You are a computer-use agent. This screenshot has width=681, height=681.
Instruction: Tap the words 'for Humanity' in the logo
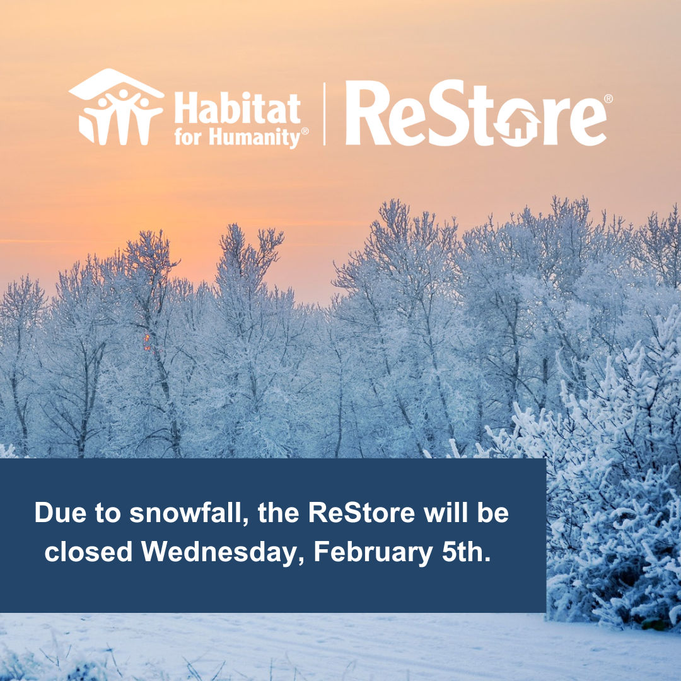tap(237, 137)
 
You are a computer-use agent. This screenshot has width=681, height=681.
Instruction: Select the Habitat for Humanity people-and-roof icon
tap(117, 107)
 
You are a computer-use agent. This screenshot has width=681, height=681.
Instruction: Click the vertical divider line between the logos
tap(325, 113)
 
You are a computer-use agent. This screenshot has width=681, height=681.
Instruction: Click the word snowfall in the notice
tap(189, 513)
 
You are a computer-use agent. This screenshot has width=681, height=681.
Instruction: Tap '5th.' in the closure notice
tap(466, 552)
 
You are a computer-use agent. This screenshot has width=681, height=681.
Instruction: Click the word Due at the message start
tap(60, 513)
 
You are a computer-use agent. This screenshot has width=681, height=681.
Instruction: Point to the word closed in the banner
tap(88, 552)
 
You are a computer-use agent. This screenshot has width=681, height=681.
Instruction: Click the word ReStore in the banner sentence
tap(361, 513)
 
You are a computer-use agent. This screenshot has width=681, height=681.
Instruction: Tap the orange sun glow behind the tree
tap(147, 342)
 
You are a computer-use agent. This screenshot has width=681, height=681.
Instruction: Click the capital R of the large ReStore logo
tap(366, 113)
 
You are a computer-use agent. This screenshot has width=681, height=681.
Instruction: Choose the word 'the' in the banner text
tap(279, 513)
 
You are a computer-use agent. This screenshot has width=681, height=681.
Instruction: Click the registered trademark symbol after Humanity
tap(305, 131)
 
